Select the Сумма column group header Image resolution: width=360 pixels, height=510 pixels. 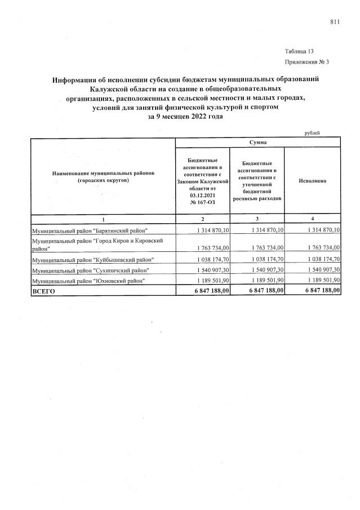257,143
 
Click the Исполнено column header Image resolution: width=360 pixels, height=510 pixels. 312,181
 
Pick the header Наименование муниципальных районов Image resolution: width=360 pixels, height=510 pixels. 103,173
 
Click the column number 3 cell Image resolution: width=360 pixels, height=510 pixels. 257,219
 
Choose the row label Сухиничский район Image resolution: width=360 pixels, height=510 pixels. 90,270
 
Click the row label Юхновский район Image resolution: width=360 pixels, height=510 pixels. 88,280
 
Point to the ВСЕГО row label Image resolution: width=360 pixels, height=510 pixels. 45,290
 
